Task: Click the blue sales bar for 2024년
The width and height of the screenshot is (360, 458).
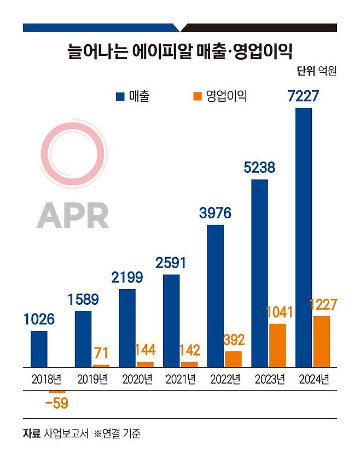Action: pos(304,236)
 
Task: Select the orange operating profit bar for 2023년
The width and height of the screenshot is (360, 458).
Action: pos(277,345)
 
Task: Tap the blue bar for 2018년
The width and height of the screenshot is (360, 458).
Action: pos(39,349)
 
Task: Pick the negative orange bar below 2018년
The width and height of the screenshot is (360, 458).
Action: pos(56,392)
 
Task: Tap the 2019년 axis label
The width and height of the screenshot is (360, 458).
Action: pos(92,379)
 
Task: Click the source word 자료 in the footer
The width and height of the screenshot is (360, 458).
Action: pos(31,434)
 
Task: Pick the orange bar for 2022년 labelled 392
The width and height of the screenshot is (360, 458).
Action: pos(233,358)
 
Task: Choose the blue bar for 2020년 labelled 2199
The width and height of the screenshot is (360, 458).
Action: pos(127,327)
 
